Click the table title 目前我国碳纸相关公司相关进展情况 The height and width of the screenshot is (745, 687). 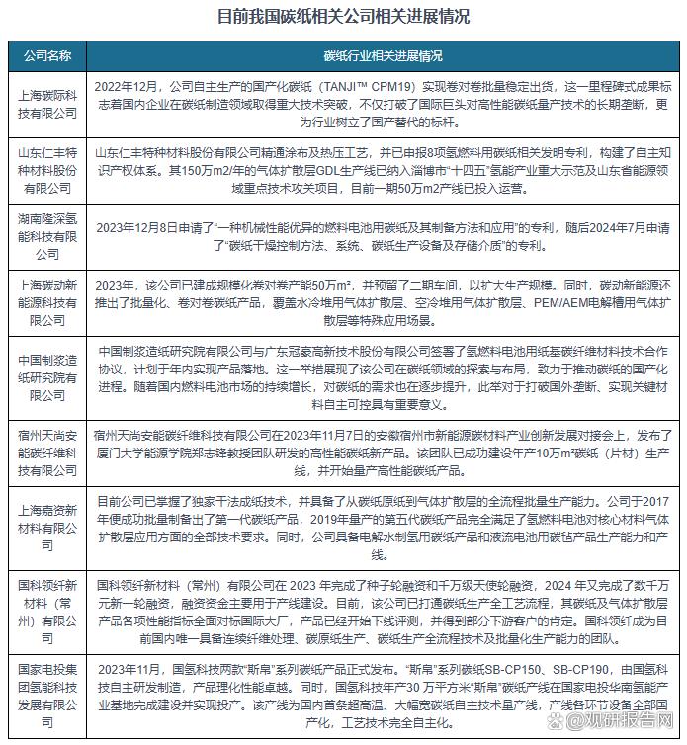pos(343,17)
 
